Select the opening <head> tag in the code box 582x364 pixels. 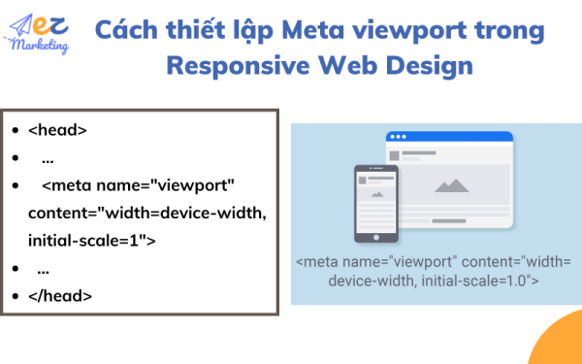[58, 129]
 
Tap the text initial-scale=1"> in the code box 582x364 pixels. [92, 239]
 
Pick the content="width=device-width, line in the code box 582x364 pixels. [146, 212]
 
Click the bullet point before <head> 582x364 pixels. [15, 129]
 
